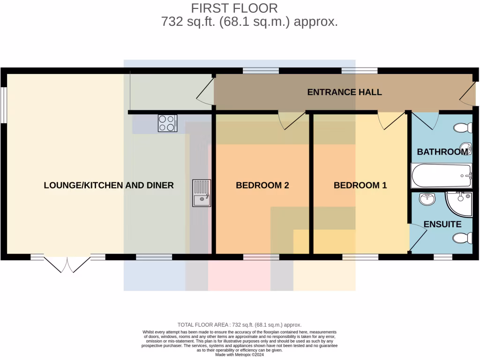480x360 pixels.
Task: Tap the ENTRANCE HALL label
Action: (344, 92)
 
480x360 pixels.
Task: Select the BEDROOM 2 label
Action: (262, 185)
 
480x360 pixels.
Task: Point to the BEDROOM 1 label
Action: (360, 185)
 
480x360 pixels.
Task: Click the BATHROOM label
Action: (442, 152)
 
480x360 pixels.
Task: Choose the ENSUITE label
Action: (442, 224)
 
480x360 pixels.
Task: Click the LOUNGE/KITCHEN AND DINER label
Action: (109, 185)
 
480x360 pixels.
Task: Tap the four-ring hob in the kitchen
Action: (167, 123)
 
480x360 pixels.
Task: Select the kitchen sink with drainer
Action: (202, 193)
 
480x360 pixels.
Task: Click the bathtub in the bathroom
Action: (441, 175)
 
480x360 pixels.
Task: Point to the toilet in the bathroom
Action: (463, 127)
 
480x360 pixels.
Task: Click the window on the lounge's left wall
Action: (3, 105)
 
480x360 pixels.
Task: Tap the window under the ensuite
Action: (442, 257)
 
